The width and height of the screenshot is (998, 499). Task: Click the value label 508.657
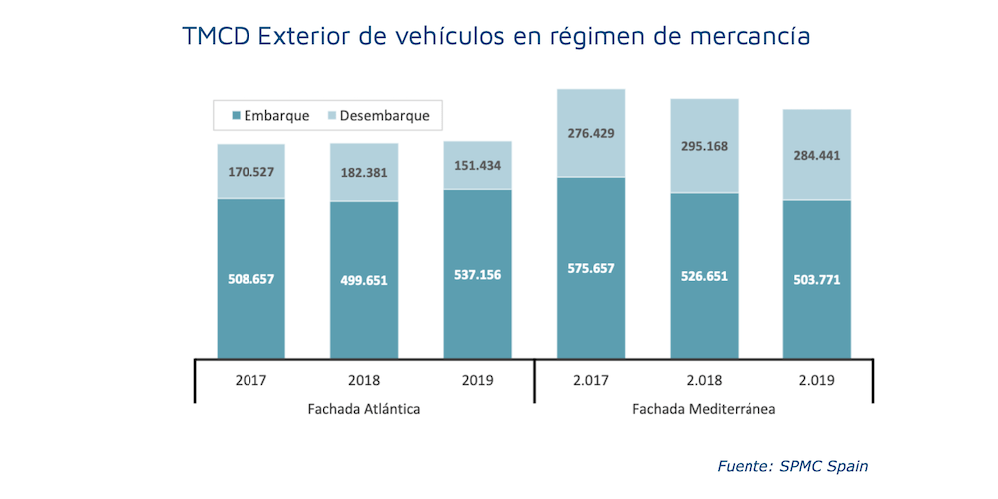click(250, 279)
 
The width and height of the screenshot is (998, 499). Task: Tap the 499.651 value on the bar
click(364, 280)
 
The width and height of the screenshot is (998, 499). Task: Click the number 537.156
click(477, 275)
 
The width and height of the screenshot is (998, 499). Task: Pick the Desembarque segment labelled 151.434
click(477, 165)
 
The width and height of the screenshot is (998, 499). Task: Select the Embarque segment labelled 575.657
click(591, 267)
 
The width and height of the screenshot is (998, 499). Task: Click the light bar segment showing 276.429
click(591, 133)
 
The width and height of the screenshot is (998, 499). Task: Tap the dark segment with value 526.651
click(704, 274)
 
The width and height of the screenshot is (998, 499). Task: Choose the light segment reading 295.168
click(704, 146)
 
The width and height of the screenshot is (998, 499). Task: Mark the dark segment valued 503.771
click(817, 278)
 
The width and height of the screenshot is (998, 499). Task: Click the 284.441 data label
click(817, 155)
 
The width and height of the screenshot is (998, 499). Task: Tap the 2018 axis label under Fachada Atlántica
click(364, 380)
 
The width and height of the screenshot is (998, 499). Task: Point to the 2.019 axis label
click(817, 380)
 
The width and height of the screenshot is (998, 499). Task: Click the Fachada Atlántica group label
click(364, 410)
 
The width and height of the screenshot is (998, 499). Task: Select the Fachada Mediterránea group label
click(704, 410)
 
